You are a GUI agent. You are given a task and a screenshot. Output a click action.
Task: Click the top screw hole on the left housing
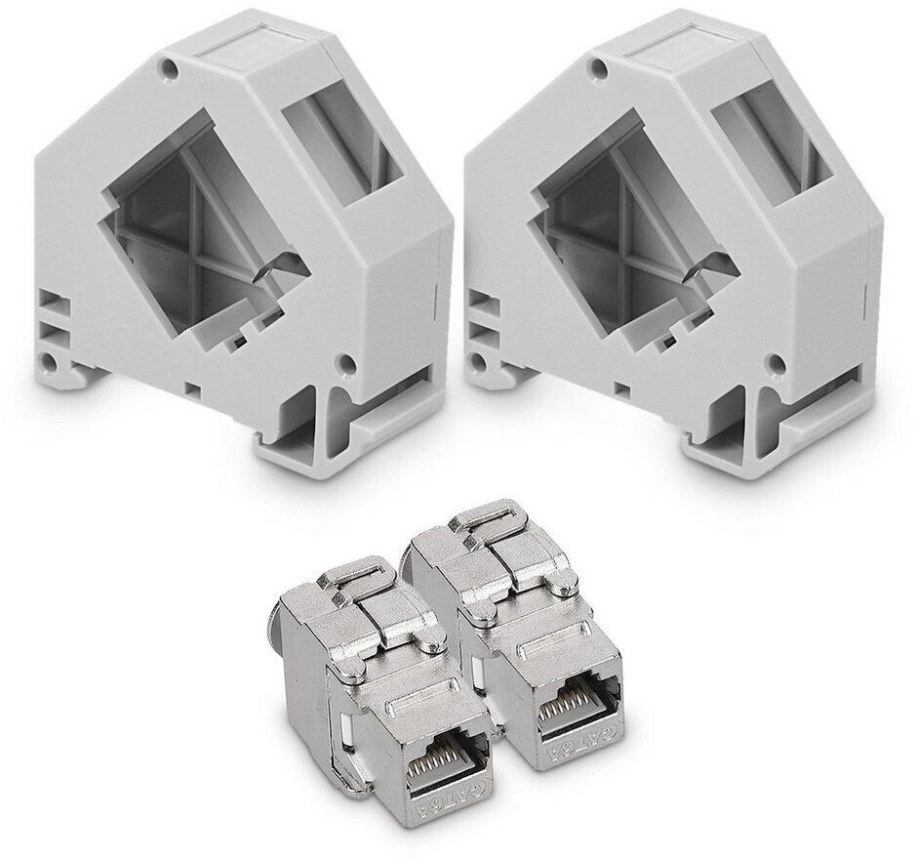click(x=173, y=69)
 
